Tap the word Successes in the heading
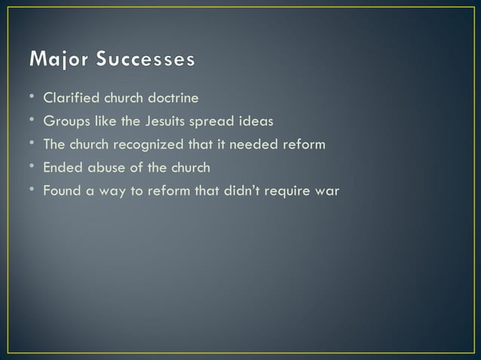[146, 59]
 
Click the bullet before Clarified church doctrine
[33, 98]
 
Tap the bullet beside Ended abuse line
[33, 167]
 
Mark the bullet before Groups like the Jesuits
[33, 121]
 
